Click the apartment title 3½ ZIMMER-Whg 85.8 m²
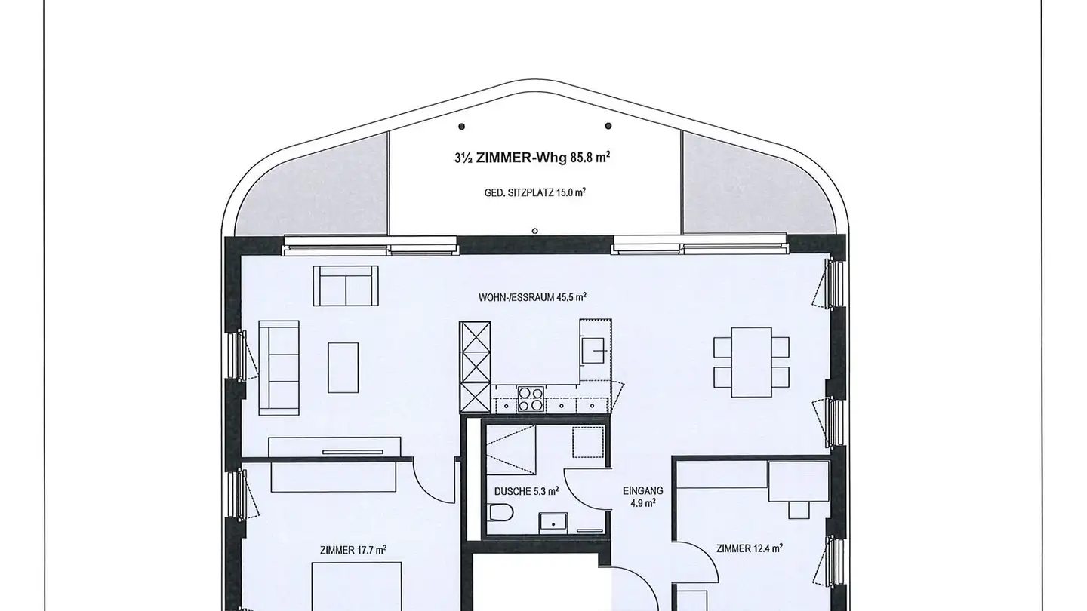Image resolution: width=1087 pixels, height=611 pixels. click(532, 158)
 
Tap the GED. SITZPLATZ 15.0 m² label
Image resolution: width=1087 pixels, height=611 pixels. click(535, 192)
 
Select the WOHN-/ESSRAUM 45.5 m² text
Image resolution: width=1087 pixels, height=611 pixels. click(532, 297)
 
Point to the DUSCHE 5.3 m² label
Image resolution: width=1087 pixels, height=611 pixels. click(526, 490)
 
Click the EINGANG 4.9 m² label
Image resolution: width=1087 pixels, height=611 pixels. click(638, 496)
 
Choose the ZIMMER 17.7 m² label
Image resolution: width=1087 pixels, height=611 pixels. click(353, 550)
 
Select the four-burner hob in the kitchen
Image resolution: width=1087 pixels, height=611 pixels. click(530, 398)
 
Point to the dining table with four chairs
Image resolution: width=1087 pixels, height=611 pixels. click(752, 362)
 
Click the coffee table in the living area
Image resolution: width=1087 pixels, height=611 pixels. click(343, 367)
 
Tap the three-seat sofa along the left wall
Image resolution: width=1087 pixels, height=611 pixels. click(279, 367)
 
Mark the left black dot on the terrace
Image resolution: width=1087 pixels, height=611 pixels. click(462, 126)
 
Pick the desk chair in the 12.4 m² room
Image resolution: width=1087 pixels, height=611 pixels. click(799, 510)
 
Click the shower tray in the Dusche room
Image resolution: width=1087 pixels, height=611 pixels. click(511, 448)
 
